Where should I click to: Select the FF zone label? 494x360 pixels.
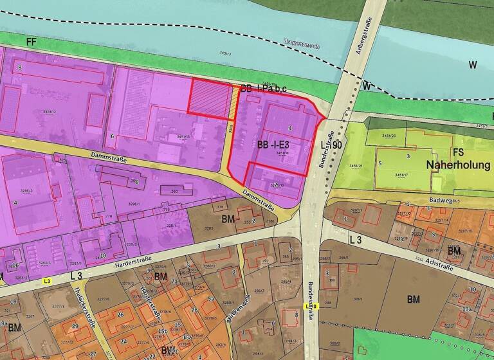tap(31, 41)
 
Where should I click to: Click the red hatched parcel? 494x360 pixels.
tap(208, 98)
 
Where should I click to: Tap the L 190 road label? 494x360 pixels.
tap(332, 147)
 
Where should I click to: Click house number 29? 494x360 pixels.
tap(75, 327)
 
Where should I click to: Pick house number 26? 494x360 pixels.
tap(120, 315)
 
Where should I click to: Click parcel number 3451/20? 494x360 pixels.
tap(389, 136)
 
